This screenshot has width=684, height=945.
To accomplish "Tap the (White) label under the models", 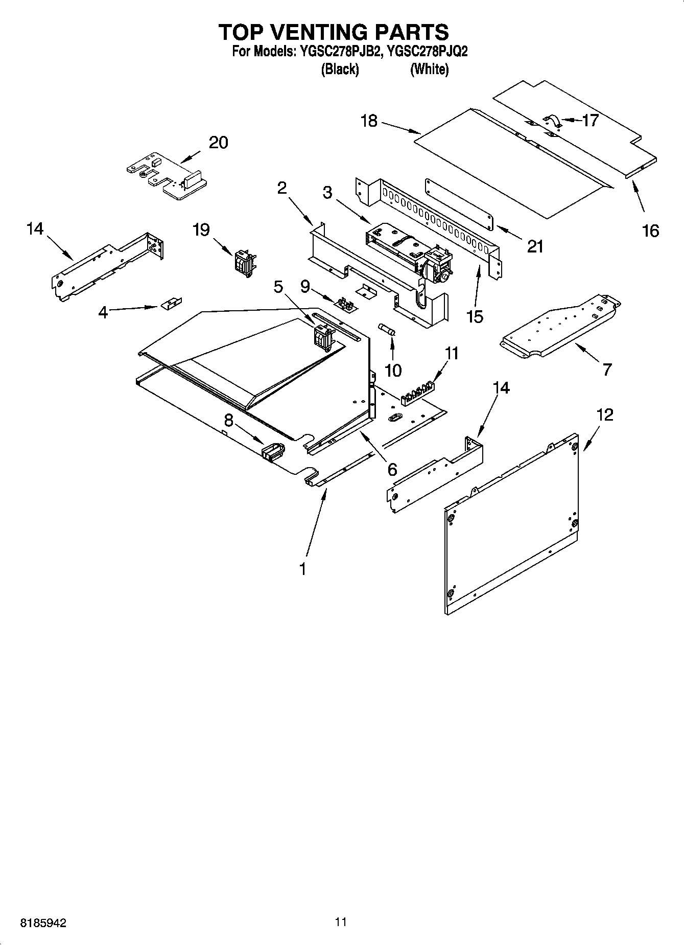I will (x=429, y=69).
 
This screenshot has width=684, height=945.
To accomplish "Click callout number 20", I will (x=218, y=143).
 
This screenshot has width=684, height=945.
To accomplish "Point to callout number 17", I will (x=590, y=121).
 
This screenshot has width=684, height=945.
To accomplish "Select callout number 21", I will (x=535, y=247).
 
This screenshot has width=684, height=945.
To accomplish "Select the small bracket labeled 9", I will (x=346, y=305).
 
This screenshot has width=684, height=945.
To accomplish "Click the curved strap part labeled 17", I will (x=552, y=121).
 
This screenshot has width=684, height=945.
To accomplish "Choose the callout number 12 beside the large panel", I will (x=605, y=415).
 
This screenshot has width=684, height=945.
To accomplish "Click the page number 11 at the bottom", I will (x=341, y=921).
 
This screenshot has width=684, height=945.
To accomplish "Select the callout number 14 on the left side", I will (x=35, y=229).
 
